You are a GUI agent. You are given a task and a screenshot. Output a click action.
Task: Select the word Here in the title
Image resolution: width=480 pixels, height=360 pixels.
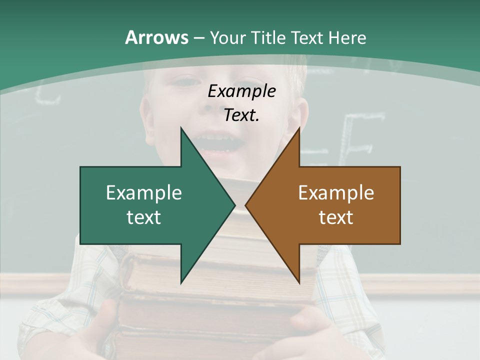pyautogui.click(x=347, y=37)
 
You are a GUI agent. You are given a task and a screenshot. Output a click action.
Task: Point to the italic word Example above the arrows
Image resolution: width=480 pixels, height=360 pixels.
pyautogui.click(x=242, y=91)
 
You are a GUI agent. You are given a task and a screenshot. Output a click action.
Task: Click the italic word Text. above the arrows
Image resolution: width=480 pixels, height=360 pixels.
pyautogui.click(x=242, y=115)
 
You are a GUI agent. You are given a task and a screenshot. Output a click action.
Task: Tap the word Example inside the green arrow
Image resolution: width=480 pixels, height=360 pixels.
pyautogui.click(x=144, y=193)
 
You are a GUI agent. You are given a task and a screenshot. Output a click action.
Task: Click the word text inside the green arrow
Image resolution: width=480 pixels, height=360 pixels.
pyautogui.click(x=144, y=217)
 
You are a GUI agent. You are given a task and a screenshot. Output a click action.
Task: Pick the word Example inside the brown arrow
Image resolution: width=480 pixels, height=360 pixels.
pyautogui.click(x=336, y=193)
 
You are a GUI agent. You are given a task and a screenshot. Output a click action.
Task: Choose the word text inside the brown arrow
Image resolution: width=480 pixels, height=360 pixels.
pyautogui.click(x=336, y=217)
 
